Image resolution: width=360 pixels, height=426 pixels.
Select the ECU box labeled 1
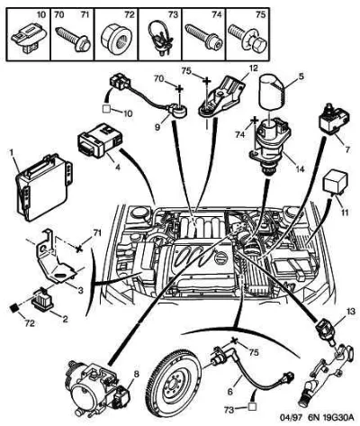[43, 186]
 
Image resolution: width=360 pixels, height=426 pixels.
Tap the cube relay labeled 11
[336, 182]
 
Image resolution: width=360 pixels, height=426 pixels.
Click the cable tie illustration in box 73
[160, 37]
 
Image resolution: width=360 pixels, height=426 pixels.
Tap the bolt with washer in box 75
[247, 38]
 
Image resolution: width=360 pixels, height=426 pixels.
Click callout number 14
[300, 169]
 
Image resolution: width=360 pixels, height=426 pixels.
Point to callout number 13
[350, 311]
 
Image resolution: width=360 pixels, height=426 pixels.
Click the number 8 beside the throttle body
[136, 375]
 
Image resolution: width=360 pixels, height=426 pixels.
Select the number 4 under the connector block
[118, 168]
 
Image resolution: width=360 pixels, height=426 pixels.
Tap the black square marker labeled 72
[13, 307]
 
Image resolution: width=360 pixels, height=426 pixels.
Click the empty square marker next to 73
[253, 407]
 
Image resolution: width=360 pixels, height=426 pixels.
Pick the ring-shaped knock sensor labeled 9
[180, 109]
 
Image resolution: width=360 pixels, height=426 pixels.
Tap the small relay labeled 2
[42, 300]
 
